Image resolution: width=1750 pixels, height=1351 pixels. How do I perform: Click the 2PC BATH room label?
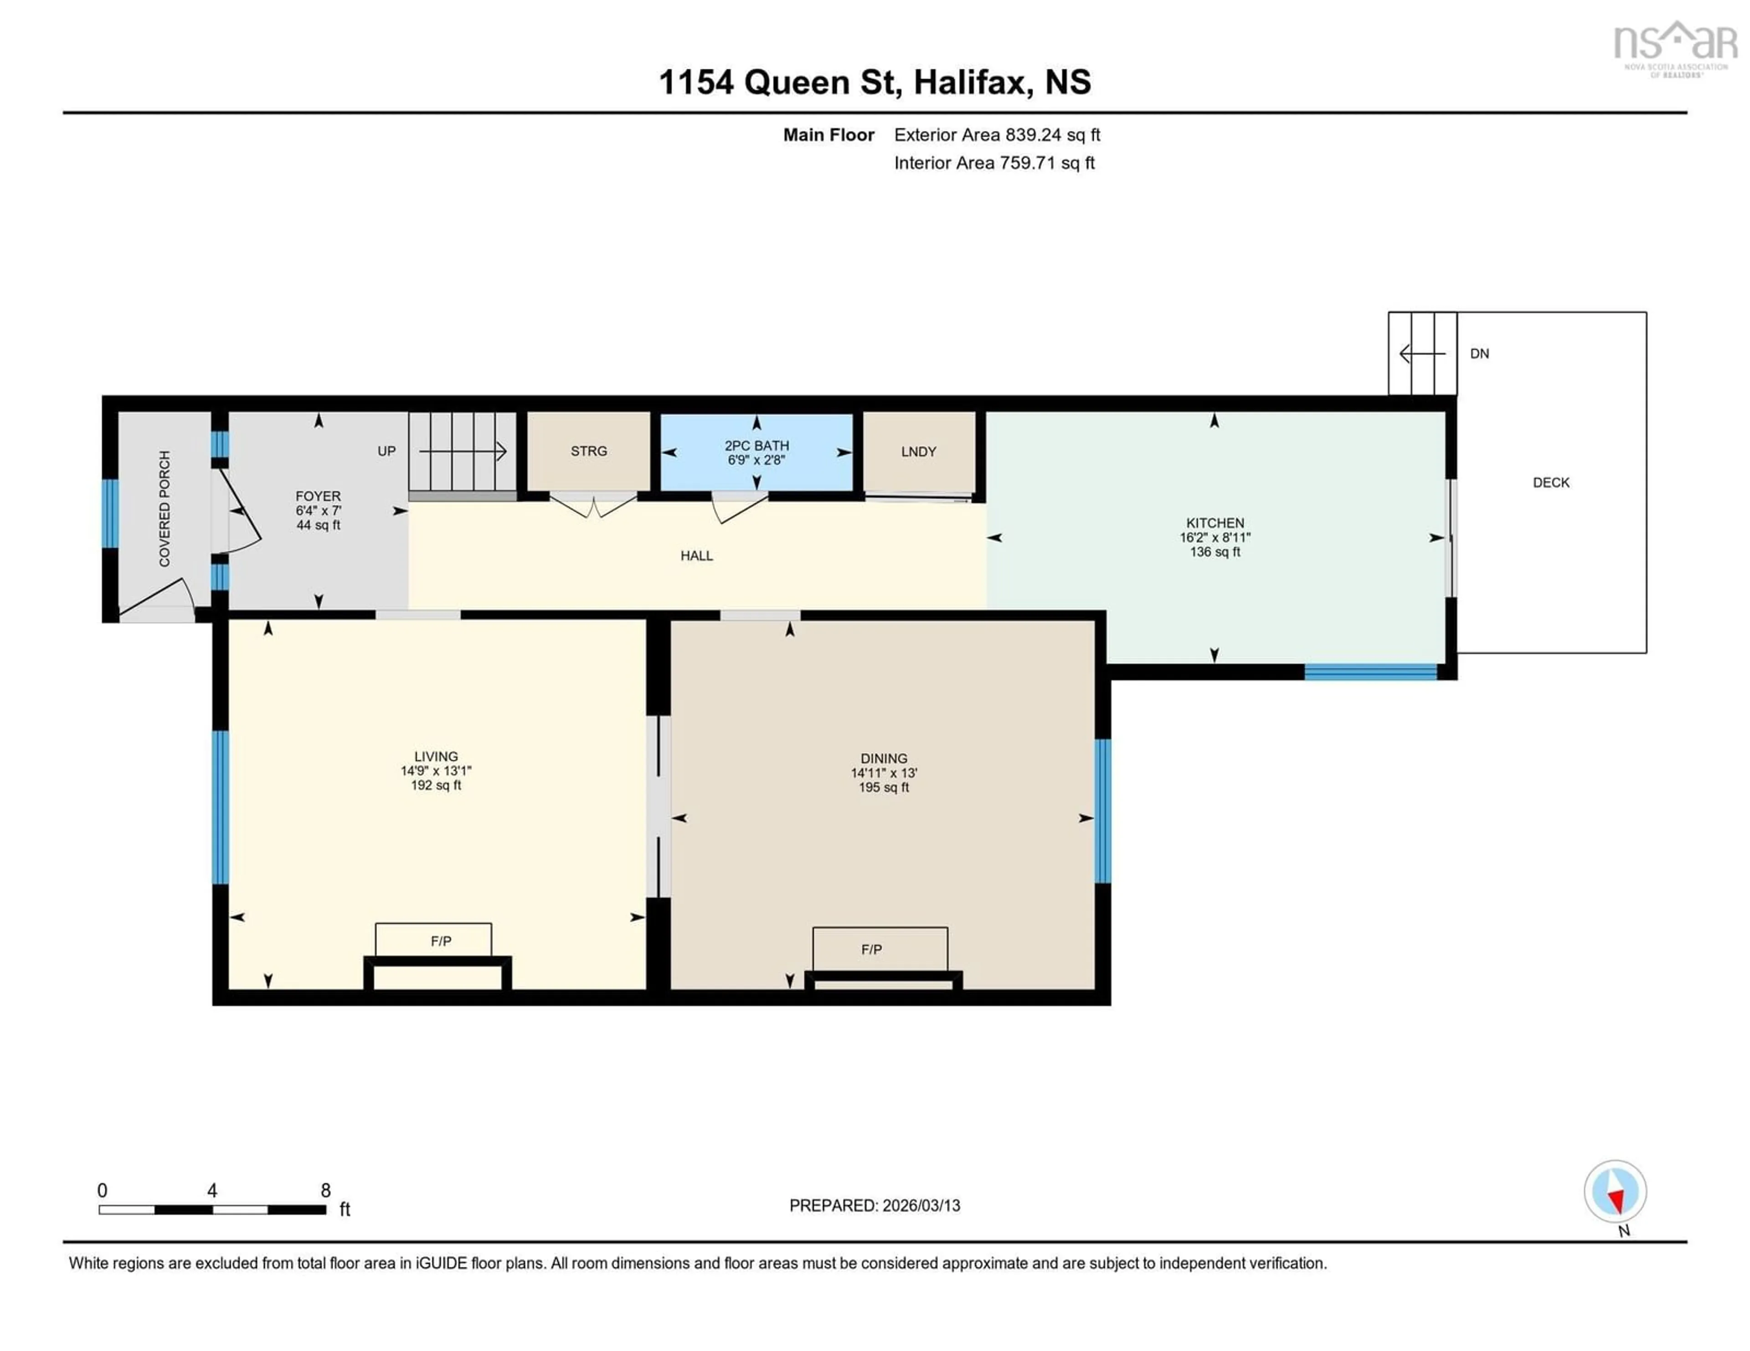[x=757, y=445]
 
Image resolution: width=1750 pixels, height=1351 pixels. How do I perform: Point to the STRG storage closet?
[x=588, y=451]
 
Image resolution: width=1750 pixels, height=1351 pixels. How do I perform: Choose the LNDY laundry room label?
[x=918, y=452]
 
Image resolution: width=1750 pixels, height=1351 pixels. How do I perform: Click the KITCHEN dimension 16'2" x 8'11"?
[x=1215, y=537]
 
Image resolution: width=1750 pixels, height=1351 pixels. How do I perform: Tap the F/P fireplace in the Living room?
[x=441, y=941]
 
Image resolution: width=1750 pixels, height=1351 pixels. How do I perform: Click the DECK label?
[x=1550, y=482]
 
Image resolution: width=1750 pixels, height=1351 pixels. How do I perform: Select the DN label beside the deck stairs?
[x=1479, y=353]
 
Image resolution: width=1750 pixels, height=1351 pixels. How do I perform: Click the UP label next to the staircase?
[x=386, y=451]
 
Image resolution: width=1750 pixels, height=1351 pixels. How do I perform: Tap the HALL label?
[x=696, y=555]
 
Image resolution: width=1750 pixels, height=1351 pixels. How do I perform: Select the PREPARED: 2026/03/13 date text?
[x=874, y=1205]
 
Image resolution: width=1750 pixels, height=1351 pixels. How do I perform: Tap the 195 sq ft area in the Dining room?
[x=884, y=787]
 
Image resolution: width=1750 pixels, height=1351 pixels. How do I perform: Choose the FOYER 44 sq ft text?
[x=318, y=525]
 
